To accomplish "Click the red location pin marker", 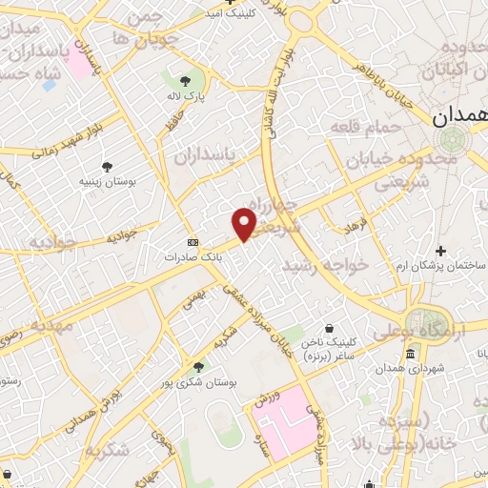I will (245, 224).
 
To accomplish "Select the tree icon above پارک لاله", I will (186, 80).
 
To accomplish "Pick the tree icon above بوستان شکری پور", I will (198, 366).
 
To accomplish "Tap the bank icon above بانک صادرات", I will (193, 243).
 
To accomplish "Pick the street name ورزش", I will (267, 398).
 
